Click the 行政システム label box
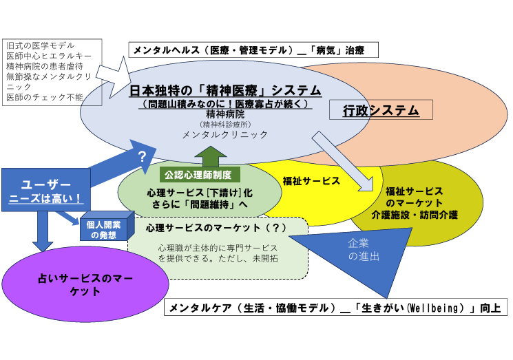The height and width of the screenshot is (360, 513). (x=381, y=110)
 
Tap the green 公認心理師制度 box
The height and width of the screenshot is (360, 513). (x=200, y=173)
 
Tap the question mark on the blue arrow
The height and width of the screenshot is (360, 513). (x=143, y=156)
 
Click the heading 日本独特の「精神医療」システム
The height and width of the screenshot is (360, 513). (x=227, y=90)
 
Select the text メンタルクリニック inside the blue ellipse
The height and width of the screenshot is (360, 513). (x=225, y=135)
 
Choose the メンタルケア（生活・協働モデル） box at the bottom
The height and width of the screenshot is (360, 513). (x=337, y=307)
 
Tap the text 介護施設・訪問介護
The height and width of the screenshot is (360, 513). (x=415, y=215)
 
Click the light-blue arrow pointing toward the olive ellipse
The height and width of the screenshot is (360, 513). (x=344, y=158)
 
